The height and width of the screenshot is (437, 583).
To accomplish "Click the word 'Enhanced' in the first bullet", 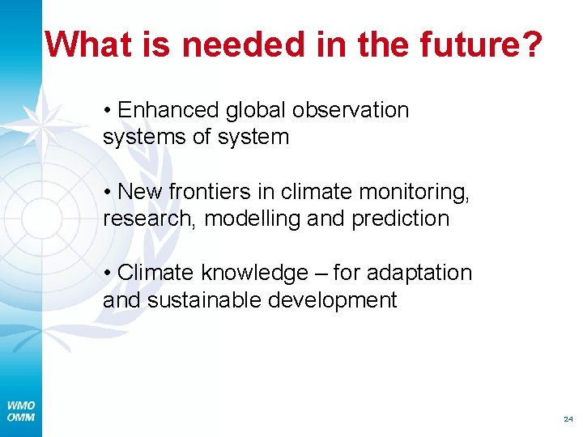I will [x=171, y=110].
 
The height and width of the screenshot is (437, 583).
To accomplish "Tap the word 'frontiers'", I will [x=206, y=192].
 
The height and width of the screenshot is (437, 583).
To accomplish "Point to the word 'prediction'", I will [x=400, y=218].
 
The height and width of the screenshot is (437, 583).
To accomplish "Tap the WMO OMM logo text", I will [x=20, y=410].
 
